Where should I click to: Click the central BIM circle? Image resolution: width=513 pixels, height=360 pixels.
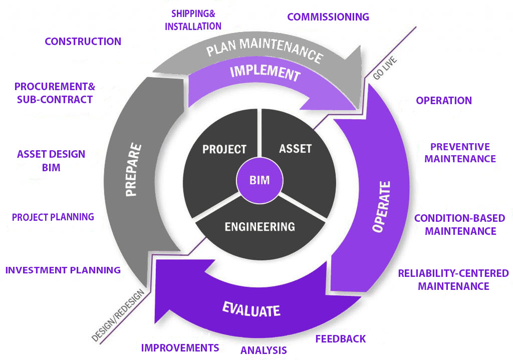pyautogui.click(x=259, y=180)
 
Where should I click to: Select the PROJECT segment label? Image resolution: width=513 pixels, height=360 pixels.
pyautogui.click(x=224, y=149)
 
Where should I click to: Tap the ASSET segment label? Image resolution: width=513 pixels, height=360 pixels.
pyautogui.click(x=295, y=148)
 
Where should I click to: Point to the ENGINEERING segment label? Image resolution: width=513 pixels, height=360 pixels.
pyautogui.click(x=260, y=226)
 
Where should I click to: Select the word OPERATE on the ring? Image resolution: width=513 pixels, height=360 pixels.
pyautogui.click(x=382, y=206)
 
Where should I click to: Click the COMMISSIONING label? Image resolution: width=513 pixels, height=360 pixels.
pyautogui.click(x=328, y=17)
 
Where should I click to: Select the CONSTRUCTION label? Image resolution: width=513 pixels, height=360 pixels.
pyautogui.click(x=83, y=42)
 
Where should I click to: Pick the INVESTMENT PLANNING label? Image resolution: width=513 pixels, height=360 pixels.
pyautogui.click(x=63, y=270)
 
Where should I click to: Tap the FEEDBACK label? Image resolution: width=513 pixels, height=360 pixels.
pyautogui.click(x=340, y=339)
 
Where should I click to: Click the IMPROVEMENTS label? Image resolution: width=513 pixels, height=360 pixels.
pyautogui.click(x=180, y=347)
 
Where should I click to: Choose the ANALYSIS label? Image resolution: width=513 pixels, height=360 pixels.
pyautogui.click(x=264, y=350)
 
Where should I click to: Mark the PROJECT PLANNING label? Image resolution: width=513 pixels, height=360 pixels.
pyautogui.click(x=53, y=217)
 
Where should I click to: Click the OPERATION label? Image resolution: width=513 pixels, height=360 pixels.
pyautogui.click(x=443, y=100)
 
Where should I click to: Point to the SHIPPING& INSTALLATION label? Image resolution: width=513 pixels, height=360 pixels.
pyautogui.click(x=193, y=20)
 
